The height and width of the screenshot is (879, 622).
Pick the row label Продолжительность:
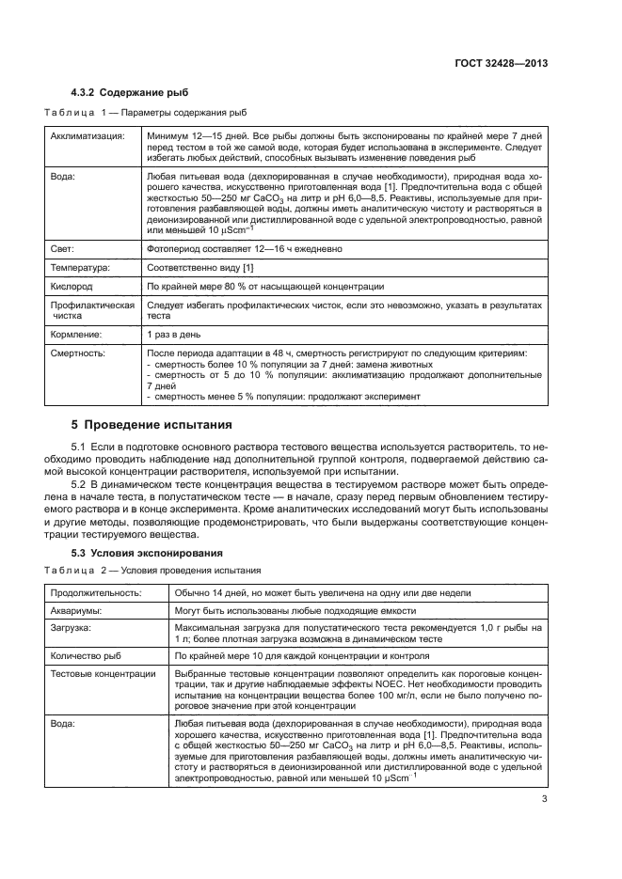[95, 592]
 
